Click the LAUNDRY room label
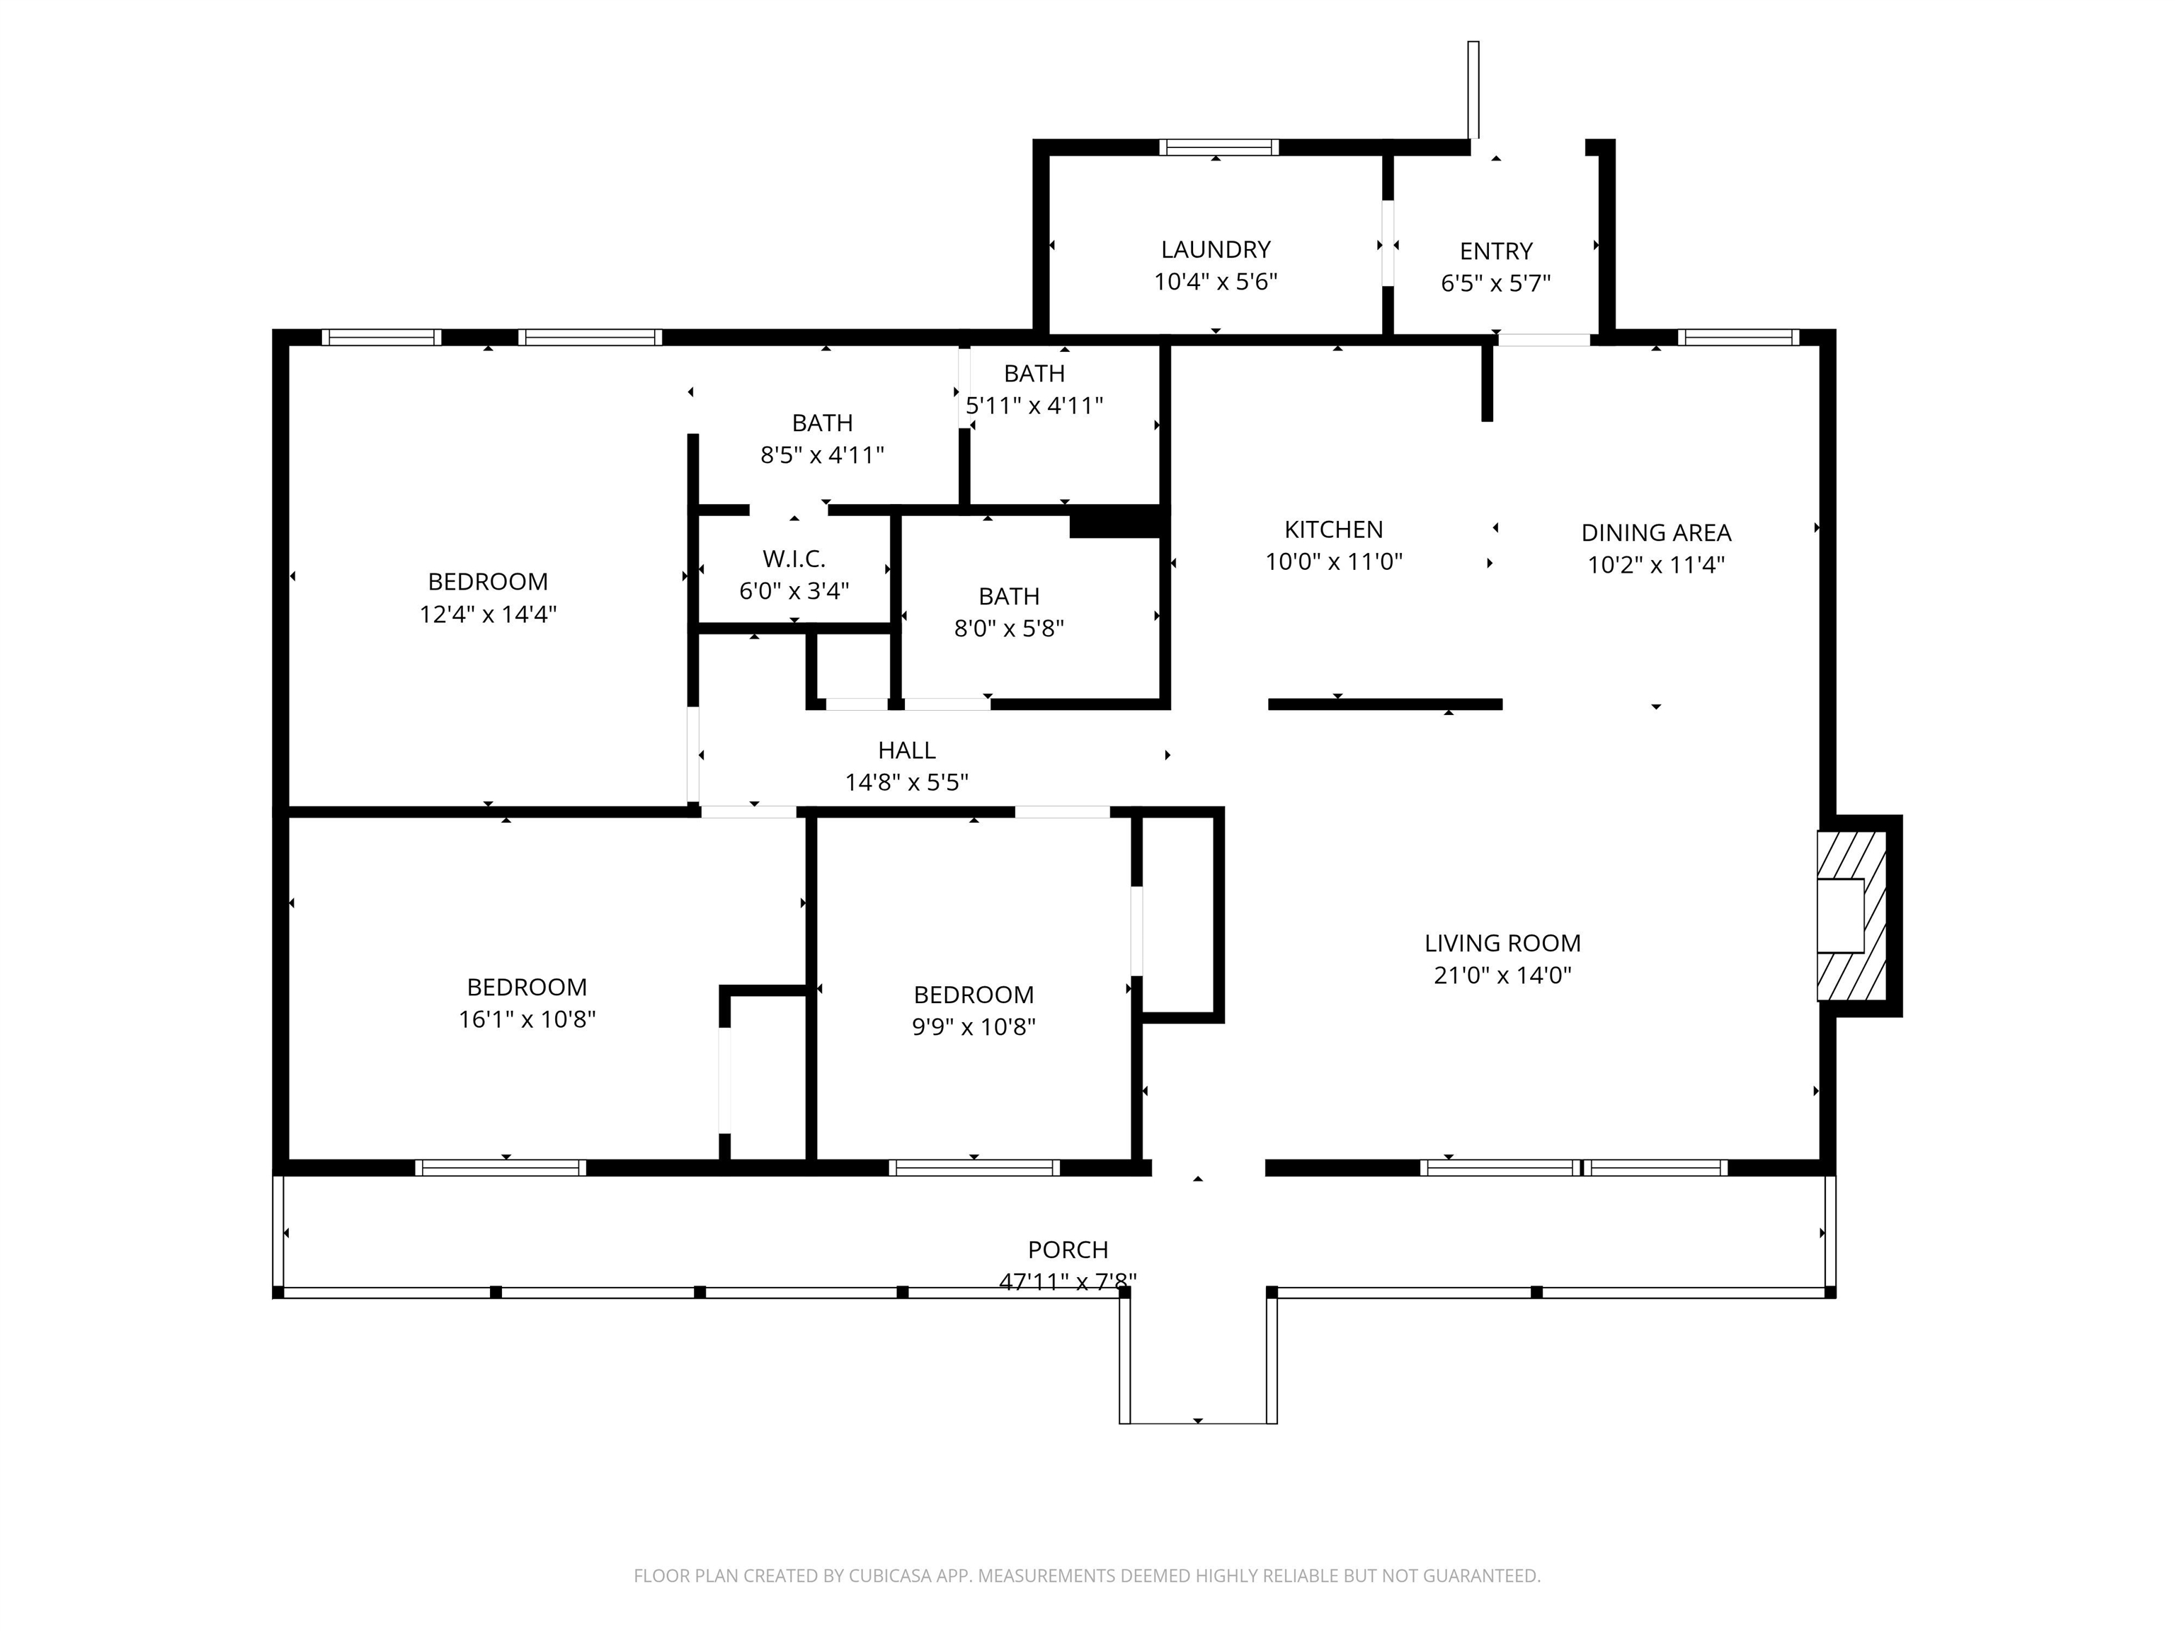click(1216, 250)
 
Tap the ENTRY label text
click(1495, 252)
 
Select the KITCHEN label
click(1333, 530)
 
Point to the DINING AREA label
click(1656, 533)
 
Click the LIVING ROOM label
click(1502, 943)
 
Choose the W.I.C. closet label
click(794, 559)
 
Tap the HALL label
click(906, 751)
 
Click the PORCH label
click(1068, 1249)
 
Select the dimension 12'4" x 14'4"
click(488, 614)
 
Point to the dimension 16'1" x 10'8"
click(527, 1019)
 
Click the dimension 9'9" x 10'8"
click(974, 1026)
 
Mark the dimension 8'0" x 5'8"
click(1009, 628)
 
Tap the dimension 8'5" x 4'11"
click(822, 455)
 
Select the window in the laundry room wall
click(1218, 147)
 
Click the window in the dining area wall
click(1738, 337)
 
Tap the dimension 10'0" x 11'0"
click(1333, 562)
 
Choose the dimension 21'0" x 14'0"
click(1502, 975)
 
